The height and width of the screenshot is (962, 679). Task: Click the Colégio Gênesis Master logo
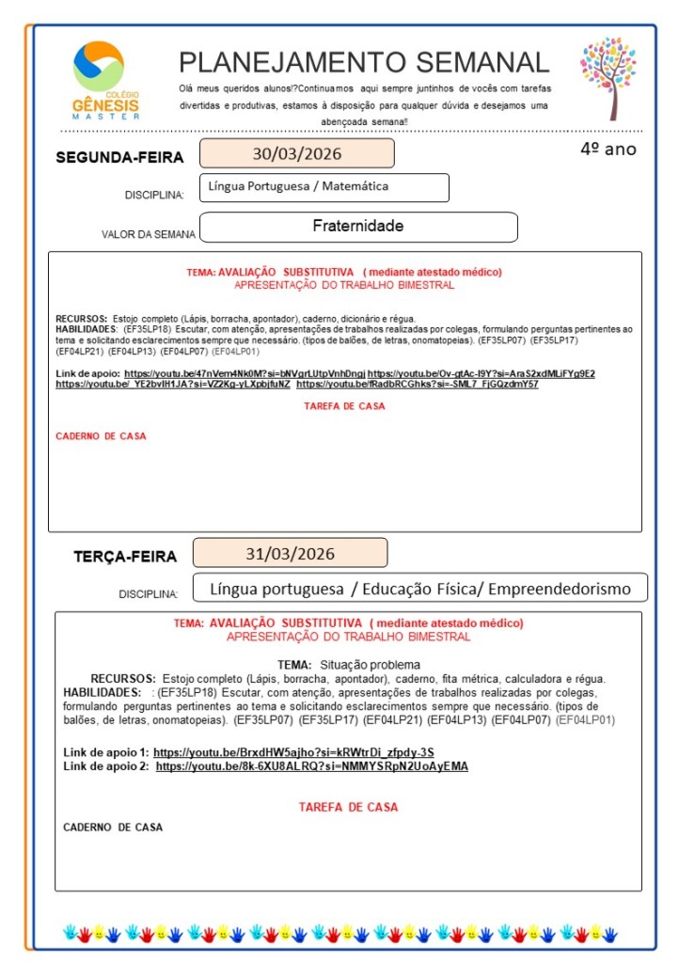[104, 79]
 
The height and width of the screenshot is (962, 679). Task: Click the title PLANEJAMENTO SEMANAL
[363, 62]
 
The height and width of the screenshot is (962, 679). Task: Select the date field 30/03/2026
[296, 153]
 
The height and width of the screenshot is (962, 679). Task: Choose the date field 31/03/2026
[290, 553]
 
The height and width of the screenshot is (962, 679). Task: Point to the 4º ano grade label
[608, 149]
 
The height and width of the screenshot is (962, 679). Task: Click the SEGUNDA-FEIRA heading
[119, 157]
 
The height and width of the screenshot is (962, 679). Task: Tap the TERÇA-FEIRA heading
[125, 557]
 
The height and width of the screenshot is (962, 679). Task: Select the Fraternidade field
[357, 227]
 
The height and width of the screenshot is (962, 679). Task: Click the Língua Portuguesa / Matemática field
[298, 187]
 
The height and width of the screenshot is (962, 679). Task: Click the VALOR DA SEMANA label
[149, 234]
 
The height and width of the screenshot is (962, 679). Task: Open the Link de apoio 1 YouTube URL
[293, 752]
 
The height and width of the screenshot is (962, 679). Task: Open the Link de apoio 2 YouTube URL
[311, 766]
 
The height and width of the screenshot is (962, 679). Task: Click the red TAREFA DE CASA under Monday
[344, 406]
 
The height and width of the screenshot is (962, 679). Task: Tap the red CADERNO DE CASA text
[101, 436]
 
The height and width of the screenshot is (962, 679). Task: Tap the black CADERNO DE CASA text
[113, 828]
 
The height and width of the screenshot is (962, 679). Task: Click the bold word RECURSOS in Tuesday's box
[123, 678]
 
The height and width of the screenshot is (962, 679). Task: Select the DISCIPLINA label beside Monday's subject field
[154, 196]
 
